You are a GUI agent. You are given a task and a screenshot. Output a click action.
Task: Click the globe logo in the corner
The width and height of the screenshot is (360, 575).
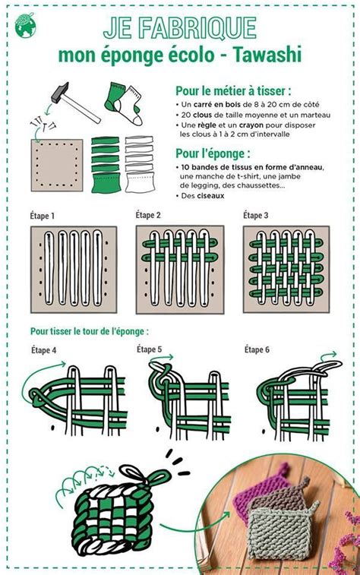pyautogui.click(x=25, y=25)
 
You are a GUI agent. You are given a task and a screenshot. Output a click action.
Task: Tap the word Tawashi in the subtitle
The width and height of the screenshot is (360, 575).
pyautogui.click(x=267, y=55)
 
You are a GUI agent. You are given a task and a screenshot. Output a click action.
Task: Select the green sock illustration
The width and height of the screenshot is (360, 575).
pyautogui.click(x=116, y=96)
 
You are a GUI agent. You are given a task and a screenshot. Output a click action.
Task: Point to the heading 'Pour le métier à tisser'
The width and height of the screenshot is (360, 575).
pyautogui.click(x=233, y=90)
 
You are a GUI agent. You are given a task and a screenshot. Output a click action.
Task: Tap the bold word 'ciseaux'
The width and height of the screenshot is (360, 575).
pyautogui.click(x=210, y=195)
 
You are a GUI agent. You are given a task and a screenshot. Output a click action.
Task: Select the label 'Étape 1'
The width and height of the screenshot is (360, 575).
pyautogui.click(x=43, y=216)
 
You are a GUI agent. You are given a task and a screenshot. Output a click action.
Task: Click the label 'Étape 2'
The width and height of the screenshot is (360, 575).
pyautogui.click(x=148, y=215)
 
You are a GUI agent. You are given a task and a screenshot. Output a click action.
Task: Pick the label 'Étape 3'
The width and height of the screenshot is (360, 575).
pyautogui.click(x=255, y=215)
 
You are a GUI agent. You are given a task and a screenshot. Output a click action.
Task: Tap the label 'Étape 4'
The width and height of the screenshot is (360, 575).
pyautogui.click(x=43, y=350)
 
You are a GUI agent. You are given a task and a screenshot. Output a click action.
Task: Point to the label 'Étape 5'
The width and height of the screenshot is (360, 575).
pyautogui.click(x=149, y=349)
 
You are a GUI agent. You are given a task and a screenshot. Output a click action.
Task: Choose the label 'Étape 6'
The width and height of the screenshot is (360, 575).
pyautogui.click(x=257, y=349)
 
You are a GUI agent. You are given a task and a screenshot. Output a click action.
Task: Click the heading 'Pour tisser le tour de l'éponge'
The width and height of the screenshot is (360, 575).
pyautogui.click(x=90, y=331)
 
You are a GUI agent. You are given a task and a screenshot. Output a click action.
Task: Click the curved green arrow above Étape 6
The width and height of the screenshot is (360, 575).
pyautogui.click(x=328, y=355)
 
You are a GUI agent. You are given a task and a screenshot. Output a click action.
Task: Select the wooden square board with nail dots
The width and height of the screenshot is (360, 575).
pyautogui.click(x=57, y=165)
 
